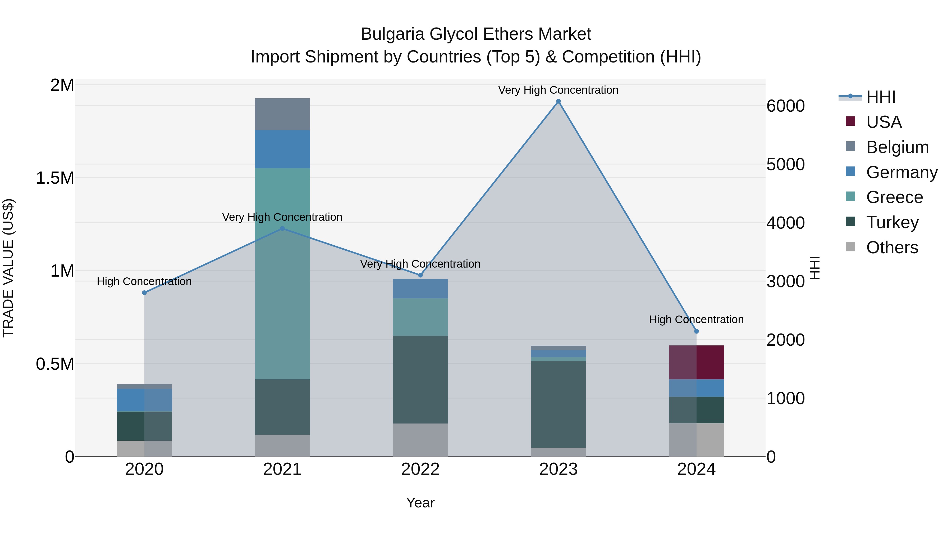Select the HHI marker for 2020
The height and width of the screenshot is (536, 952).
pyautogui.click(x=144, y=292)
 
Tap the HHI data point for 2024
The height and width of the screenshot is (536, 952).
pyautogui.click(x=696, y=331)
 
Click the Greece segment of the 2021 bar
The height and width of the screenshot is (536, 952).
pyautogui.click(x=282, y=274)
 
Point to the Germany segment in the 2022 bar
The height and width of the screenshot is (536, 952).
pyautogui.click(x=420, y=289)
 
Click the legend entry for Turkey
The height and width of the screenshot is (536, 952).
pyautogui.click(x=892, y=222)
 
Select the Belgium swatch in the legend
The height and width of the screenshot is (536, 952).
pyautogui.click(x=850, y=146)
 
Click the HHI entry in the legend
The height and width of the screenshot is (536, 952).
pyautogui.click(x=880, y=97)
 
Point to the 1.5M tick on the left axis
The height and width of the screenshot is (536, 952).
pyautogui.click(x=55, y=178)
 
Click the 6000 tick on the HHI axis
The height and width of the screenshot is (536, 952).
pyautogui.click(x=785, y=106)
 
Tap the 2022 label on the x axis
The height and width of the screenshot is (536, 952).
pyautogui.click(x=420, y=469)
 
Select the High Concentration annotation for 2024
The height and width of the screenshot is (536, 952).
pyautogui.click(x=696, y=319)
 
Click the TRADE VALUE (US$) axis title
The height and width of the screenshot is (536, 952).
pyautogui.click(x=8, y=268)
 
